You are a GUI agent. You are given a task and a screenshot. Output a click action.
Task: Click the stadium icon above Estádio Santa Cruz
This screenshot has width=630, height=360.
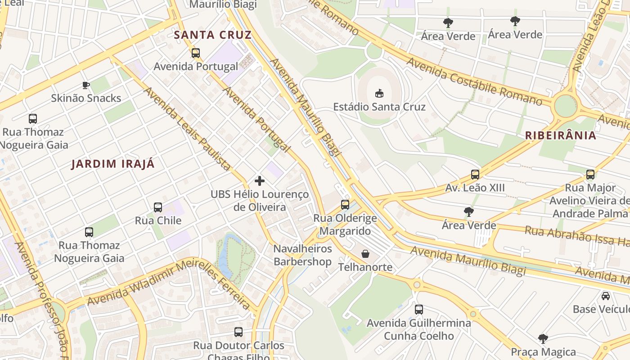point(379,93)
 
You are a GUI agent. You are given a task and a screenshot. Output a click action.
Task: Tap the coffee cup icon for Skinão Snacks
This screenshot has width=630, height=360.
point(86,85)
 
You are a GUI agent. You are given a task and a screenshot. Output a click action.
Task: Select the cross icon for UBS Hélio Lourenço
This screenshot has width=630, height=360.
point(260,181)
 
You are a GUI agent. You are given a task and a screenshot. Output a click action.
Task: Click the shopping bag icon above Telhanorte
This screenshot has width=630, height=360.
point(365,254)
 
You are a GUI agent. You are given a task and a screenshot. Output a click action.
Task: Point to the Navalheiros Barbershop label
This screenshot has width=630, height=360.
point(302,255)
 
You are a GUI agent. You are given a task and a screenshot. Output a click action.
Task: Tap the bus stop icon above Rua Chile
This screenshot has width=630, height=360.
point(158,207)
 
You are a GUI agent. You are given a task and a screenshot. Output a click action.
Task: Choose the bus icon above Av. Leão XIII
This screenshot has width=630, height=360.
point(475,175)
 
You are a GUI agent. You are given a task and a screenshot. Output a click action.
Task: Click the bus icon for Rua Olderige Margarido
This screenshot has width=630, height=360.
point(345,204)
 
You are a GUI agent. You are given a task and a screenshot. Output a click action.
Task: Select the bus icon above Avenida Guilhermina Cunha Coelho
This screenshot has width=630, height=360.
point(419,310)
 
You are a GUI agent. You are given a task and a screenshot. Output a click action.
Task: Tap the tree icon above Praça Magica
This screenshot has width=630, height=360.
point(543,338)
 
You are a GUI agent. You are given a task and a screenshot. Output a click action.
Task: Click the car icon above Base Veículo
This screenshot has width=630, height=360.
point(606,296)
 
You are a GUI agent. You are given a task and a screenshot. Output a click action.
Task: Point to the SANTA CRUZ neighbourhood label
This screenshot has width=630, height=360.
point(212,35)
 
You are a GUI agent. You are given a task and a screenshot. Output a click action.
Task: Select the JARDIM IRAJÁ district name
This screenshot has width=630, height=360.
point(113,164)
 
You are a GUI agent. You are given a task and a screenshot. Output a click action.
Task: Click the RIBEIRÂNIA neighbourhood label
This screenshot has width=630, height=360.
point(561,135)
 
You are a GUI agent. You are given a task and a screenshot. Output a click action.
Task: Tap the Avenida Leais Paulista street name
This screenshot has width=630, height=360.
point(187,129)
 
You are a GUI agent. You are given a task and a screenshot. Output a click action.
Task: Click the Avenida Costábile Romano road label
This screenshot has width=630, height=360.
point(474,81)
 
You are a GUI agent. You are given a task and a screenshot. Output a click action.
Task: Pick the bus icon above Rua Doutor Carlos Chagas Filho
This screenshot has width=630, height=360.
point(238,332)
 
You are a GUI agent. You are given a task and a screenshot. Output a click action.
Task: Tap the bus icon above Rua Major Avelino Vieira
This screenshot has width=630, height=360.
point(590,175)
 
